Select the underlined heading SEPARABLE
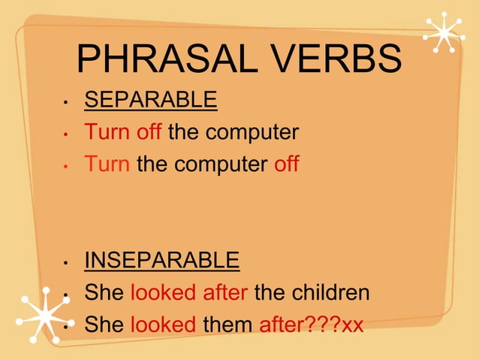click(x=151, y=99)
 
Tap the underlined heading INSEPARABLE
click(x=162, y=260)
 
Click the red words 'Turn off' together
click(x=123, y=132)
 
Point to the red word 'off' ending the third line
click(x=286, y=163)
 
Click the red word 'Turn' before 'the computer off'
click(x=107, y=163)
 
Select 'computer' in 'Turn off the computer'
click(x=252, y=133)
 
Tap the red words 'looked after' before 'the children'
click(x=189, y=292)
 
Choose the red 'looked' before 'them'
click(x=164, y=325)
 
